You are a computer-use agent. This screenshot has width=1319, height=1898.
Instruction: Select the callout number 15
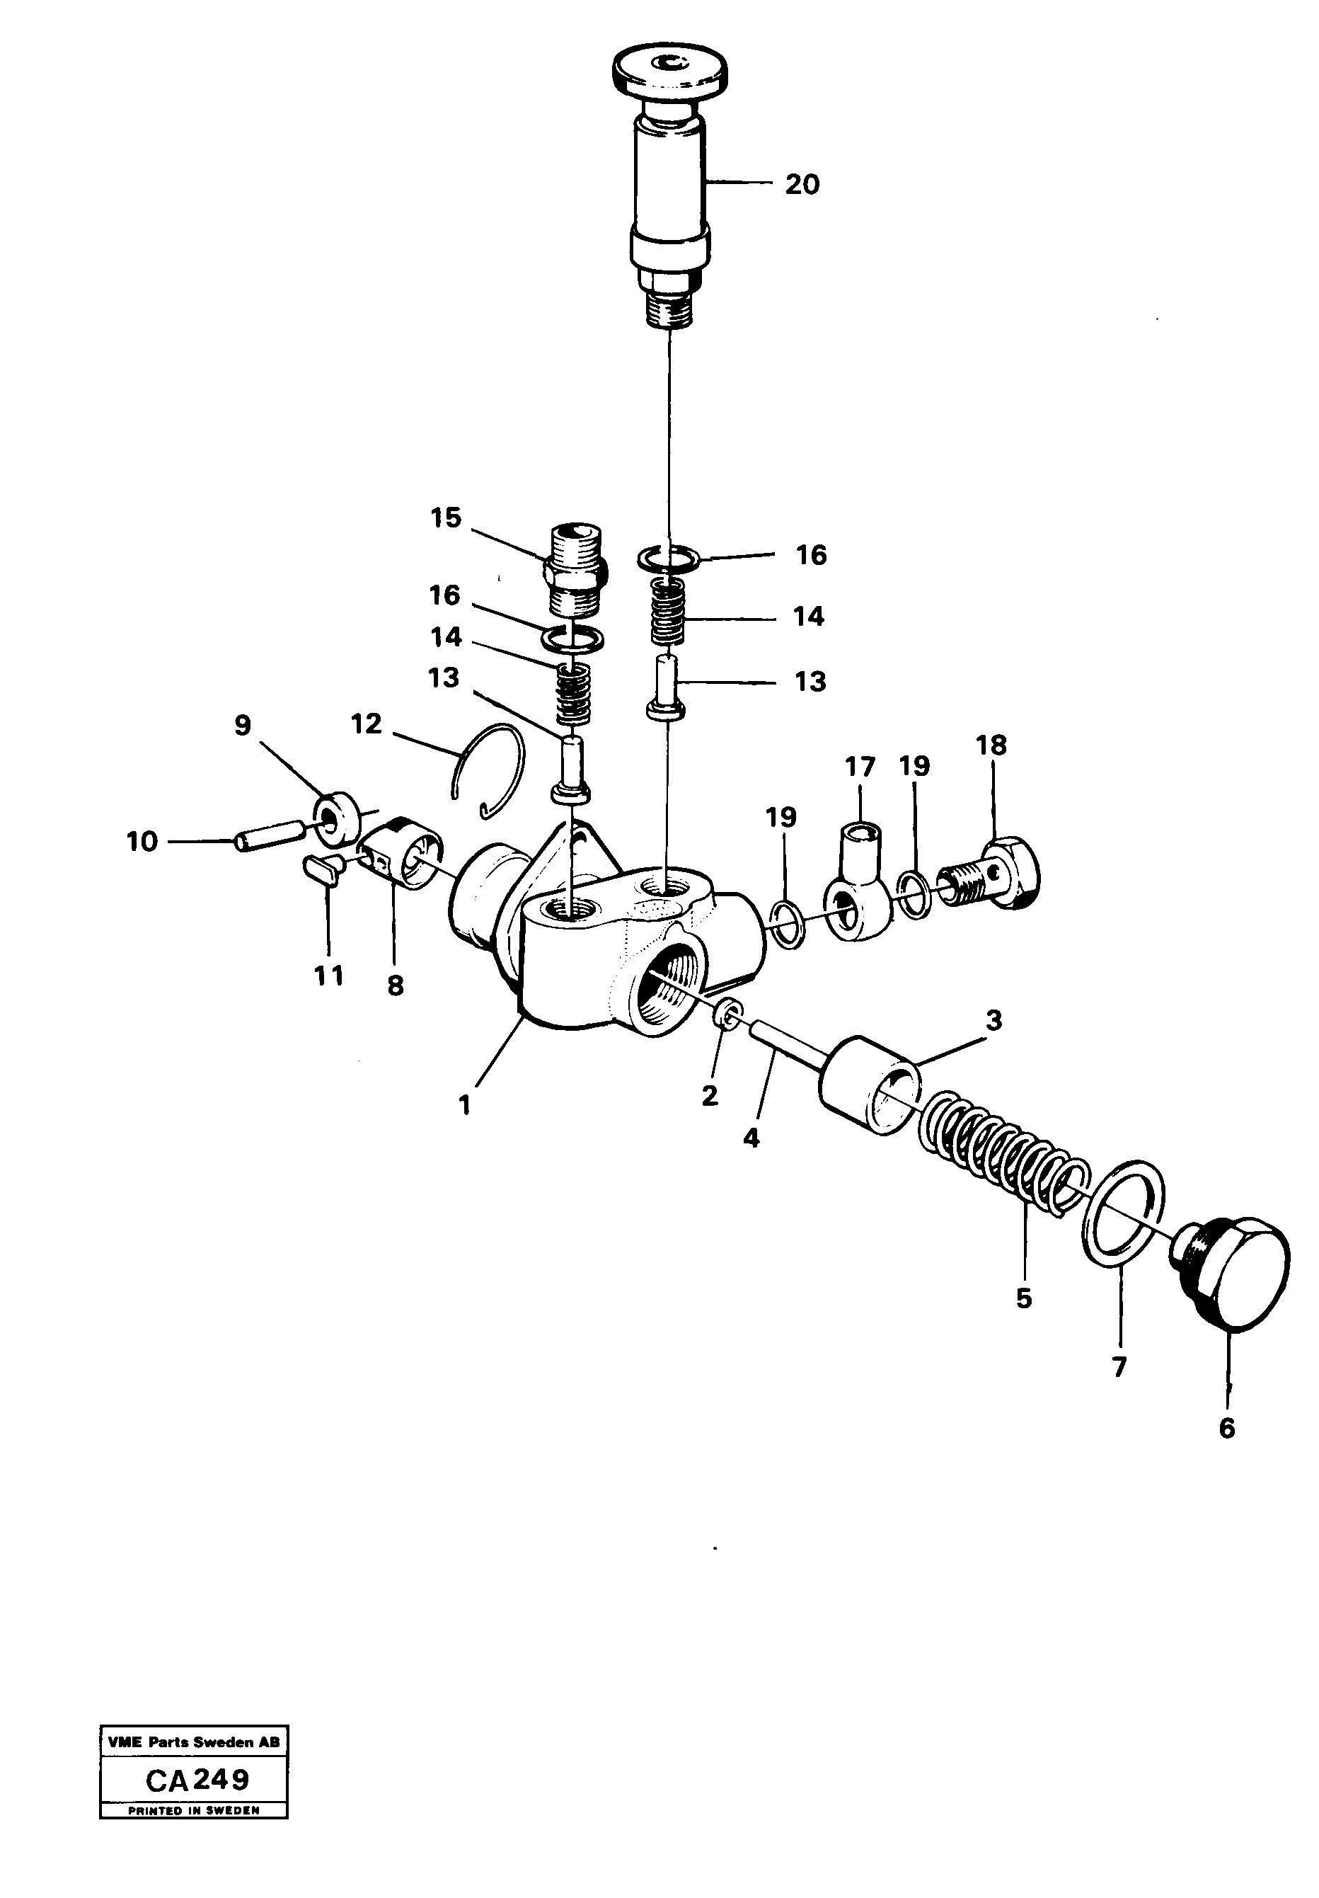[446, 518]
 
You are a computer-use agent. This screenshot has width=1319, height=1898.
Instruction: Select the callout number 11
[329, 976]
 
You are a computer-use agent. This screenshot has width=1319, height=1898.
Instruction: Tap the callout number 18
[991, 745]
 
